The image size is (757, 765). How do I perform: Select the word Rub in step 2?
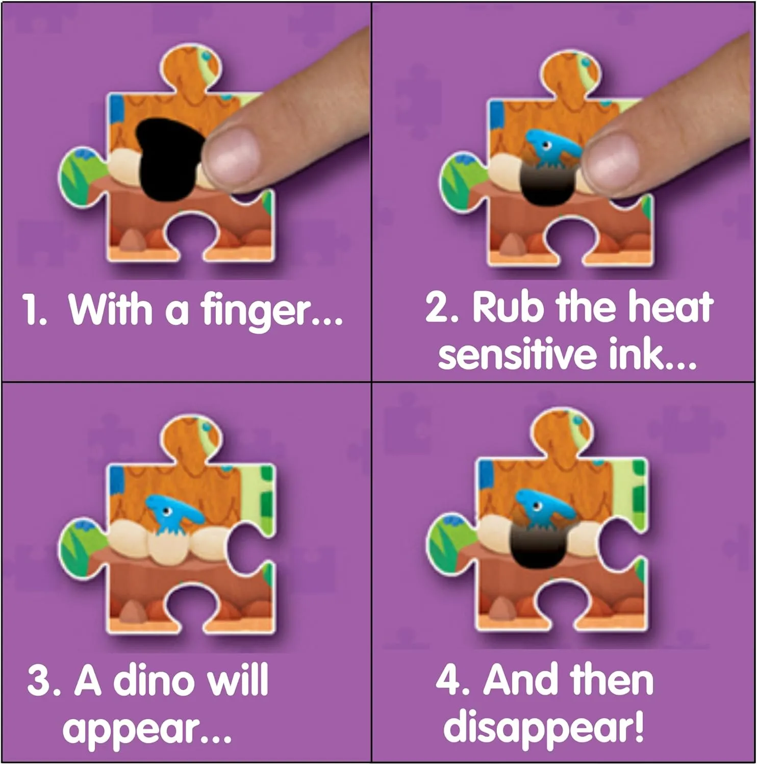pyautogui.click(x=502, y=307)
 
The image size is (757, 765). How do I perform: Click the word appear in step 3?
pyautogui.click(x=130, y=730)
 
